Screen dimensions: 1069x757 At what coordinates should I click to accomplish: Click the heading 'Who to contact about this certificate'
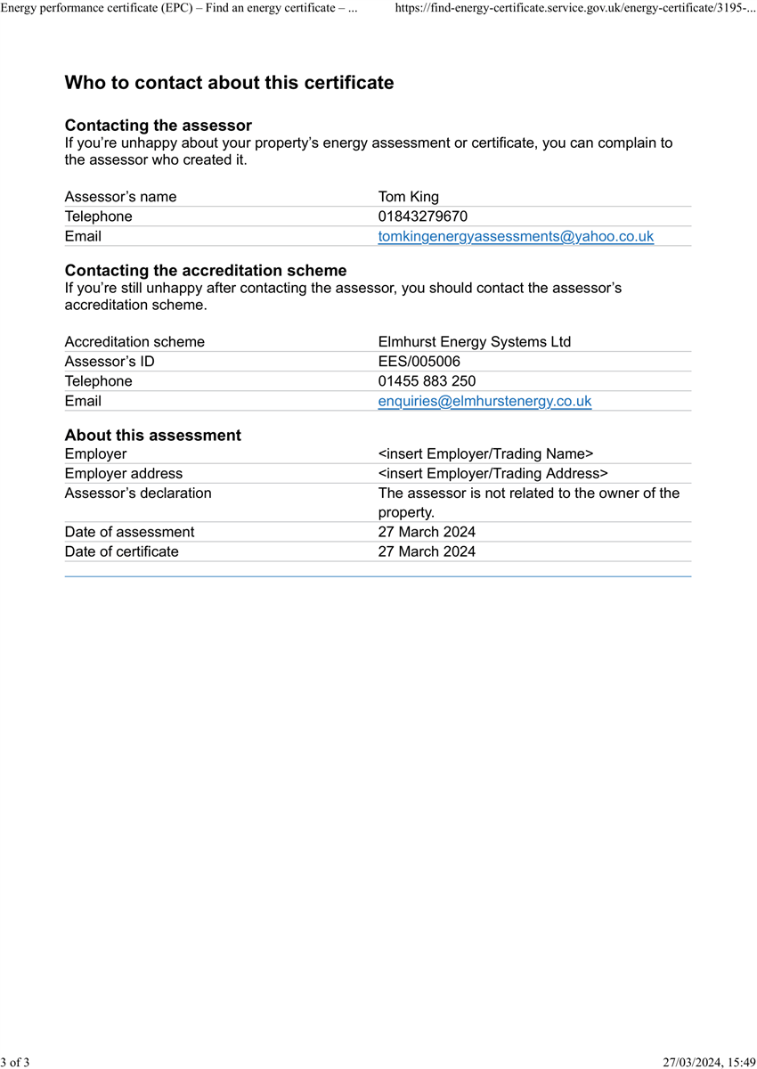(229, 83)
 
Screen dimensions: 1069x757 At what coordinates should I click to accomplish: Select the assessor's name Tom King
(408, 197)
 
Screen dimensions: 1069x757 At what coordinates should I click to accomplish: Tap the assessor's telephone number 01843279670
(422, 216)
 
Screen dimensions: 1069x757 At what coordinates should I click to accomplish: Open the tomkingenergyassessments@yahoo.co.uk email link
(516, 236)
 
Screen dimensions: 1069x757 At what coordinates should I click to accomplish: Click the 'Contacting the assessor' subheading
(158, 126)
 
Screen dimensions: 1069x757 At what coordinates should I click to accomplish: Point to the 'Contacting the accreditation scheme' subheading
(206, 270)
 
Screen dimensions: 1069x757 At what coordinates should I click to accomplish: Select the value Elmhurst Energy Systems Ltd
(474, 342)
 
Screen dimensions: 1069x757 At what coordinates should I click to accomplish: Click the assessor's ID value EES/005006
(419, 362)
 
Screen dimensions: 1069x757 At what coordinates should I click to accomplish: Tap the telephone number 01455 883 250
(427, 381)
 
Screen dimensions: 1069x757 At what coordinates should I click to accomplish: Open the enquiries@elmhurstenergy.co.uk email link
(484, 401)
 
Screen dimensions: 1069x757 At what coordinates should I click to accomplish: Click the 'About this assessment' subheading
(152, 435)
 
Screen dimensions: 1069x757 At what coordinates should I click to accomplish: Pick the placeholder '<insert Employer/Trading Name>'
(485, 453)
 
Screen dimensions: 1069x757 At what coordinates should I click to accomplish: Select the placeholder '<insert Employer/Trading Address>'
(492, 473)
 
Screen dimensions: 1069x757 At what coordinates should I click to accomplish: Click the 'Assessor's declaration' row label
(138, 493)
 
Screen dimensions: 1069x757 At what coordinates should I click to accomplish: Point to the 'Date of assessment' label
(129, 532)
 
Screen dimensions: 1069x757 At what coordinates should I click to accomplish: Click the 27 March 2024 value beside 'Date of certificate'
(427, 551)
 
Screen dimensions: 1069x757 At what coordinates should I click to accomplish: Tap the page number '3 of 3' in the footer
(15, 1061)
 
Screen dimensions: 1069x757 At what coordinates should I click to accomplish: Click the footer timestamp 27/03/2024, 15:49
(709, 1061)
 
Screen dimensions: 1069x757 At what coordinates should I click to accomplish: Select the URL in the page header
(574, 7)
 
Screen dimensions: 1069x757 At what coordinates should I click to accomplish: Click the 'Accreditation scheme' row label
(134, 342)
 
